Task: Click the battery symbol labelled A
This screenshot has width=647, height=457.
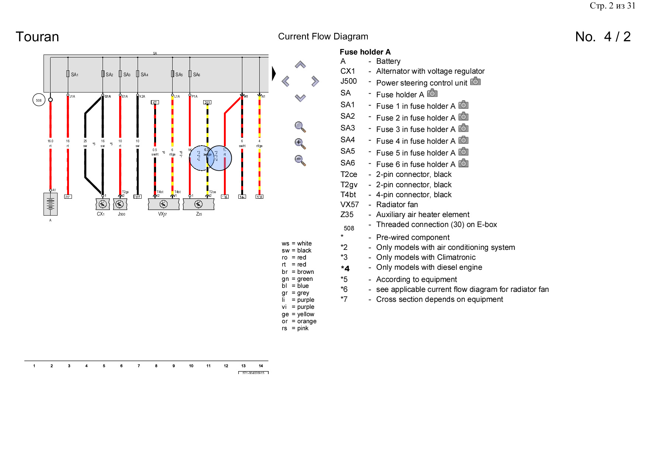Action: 51,204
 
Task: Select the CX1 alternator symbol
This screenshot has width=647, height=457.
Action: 103,204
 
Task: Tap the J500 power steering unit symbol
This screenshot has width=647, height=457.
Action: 120,204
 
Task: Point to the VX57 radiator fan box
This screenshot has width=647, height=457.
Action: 163,204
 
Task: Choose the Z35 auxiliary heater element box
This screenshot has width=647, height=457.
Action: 198,204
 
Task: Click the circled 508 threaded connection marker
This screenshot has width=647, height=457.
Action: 39,100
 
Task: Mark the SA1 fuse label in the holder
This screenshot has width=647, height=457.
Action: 75,74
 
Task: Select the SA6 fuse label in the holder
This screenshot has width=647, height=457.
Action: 197,74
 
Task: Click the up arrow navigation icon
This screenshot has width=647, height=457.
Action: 300,65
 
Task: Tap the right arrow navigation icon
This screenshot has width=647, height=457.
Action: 315,81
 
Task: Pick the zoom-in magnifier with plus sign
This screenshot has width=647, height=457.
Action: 300,143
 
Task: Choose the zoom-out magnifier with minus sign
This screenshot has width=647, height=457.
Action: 300,160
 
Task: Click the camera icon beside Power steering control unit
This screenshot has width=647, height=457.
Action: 475,81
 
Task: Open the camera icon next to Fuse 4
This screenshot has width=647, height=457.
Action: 463,140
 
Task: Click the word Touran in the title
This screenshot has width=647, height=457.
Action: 37,37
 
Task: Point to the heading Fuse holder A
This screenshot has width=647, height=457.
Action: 365,52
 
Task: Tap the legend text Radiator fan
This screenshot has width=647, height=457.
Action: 397,205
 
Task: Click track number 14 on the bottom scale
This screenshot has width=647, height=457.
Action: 261,366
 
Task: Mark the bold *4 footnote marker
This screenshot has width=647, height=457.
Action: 345,268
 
